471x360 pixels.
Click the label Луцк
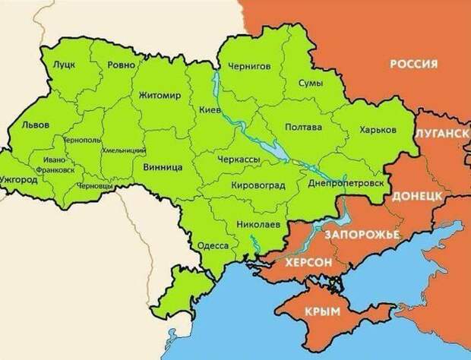(64, 65)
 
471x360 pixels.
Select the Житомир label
(160, 96)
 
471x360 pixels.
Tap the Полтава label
(302, 128)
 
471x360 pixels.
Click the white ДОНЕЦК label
(417, 195)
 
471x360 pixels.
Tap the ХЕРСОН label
(307, 262)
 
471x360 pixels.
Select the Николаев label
(257, 226)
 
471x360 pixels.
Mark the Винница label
(161, 165)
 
